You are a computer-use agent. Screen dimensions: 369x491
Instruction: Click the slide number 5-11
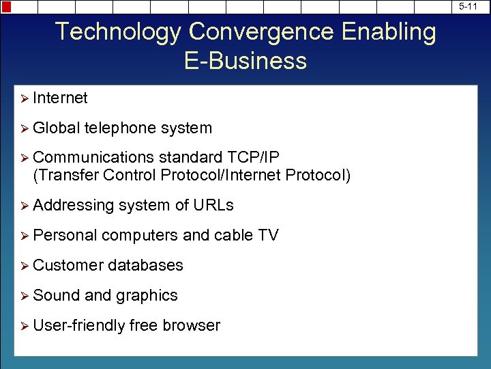(468, 6)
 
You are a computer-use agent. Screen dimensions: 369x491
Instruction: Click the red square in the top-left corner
(5, 6)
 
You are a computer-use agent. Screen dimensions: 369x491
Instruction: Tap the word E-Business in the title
(245, 61)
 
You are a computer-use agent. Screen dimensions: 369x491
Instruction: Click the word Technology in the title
(118, 32)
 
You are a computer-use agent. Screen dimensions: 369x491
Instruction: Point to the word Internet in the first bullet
(60, 98)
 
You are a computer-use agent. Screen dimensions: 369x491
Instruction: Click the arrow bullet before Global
(24, 128)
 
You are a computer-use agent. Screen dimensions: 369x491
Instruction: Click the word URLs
(213, 206)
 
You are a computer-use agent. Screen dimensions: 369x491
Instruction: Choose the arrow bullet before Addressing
(24, 206)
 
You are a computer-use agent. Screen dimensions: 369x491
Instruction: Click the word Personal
(65, 236)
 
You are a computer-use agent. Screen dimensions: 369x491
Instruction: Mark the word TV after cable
(268, 236)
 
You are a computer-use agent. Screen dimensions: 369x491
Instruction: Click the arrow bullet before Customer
(24, 266)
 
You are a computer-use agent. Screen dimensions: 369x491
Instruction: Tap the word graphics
(147, 296)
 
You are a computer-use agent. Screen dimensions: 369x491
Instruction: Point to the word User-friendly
(78, 326)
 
